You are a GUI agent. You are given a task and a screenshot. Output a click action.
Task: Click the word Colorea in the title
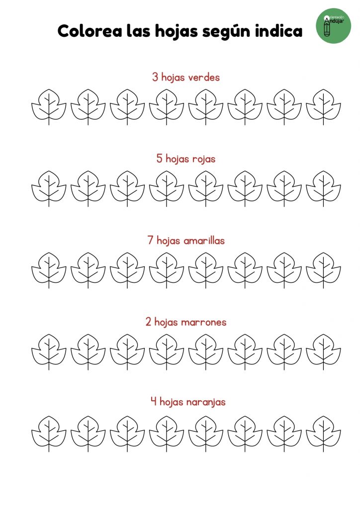tap(90, 31)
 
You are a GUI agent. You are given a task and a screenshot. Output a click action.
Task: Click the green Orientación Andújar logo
tap(333, 26)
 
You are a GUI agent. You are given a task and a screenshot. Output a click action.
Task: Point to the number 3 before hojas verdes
tap(155, 77)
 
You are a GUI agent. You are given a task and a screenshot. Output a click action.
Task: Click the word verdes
tap(204, 77)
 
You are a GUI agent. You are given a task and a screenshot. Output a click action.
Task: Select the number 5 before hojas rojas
tap(160, 159)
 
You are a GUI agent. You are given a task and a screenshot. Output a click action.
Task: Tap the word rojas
tap(203, 159)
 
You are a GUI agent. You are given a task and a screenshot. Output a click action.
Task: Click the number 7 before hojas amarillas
tap(150, 240)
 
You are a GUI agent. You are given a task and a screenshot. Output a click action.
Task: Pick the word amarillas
tap(204, 240)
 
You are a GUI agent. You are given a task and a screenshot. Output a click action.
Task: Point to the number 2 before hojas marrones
tap(148, 322)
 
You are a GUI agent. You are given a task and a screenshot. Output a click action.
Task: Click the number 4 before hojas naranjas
tap(154, 402)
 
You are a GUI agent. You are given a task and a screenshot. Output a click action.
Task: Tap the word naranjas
tap(206, 403)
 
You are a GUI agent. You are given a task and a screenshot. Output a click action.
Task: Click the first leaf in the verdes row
tap(49, 107)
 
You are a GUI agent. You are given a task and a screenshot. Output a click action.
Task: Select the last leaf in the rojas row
tap(323, 188)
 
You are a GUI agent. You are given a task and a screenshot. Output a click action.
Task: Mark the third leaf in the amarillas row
tap(127, 270)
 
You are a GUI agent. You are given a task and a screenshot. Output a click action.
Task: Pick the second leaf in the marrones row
tap(88, 352)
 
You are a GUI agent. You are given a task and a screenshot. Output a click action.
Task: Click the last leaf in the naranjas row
tap(323, 433)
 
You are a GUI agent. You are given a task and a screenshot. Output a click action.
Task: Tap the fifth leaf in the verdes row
tap(206, 107)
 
